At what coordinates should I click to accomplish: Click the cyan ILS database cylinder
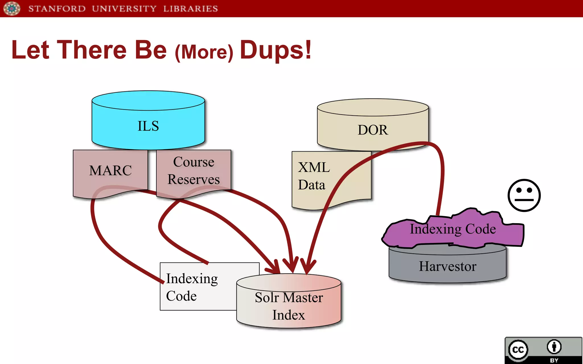tap(148, 125)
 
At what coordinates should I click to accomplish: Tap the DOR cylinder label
tap(373, 130)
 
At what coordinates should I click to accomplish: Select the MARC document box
tap(110, 171)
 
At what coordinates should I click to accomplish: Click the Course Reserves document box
tap(194, 171)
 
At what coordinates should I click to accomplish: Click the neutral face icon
tap(524, 195)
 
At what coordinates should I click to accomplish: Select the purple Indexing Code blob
tap(453, 229)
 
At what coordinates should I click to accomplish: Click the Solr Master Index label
tap(289, 306)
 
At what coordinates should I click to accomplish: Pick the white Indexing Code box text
tap(192, 287)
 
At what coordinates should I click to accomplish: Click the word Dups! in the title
tap(276, 50)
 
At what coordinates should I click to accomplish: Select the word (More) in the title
tap(204, 52)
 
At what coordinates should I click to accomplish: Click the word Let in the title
tap(30, 50)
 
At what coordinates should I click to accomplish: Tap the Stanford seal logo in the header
tap(12, 8)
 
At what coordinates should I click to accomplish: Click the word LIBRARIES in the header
tap(190, 9)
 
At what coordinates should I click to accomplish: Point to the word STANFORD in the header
tap(57, 9)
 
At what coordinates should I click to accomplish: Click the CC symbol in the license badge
tap(518, 349)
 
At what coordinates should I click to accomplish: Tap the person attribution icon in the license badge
tap(554, 347)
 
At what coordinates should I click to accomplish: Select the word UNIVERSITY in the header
tap(124, 9)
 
